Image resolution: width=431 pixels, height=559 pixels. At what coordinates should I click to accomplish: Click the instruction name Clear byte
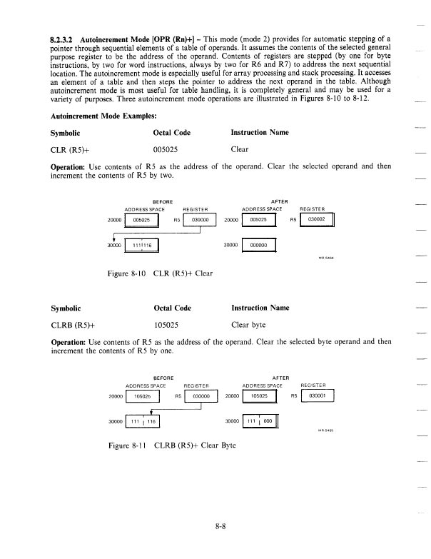250,326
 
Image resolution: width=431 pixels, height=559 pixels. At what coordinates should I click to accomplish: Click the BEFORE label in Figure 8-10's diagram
164,201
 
